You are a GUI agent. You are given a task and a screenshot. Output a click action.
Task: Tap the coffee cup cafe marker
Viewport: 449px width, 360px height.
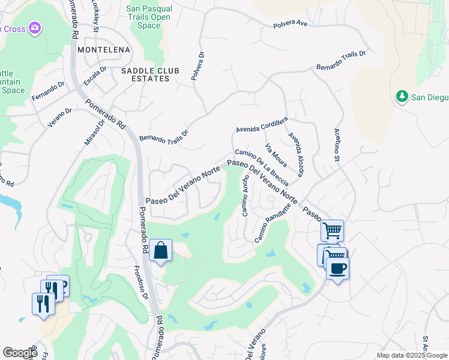337,268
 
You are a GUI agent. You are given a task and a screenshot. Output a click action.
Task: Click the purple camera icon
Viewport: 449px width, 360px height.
35,28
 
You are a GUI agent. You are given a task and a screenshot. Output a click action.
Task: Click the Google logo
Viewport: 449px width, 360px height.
20,353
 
